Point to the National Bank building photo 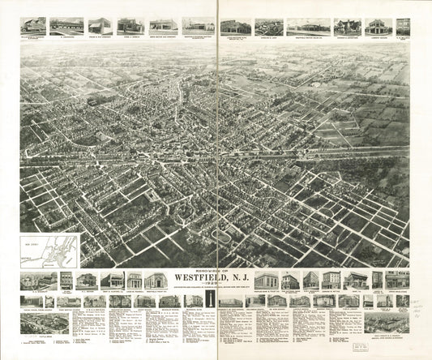tap(290, 281)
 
